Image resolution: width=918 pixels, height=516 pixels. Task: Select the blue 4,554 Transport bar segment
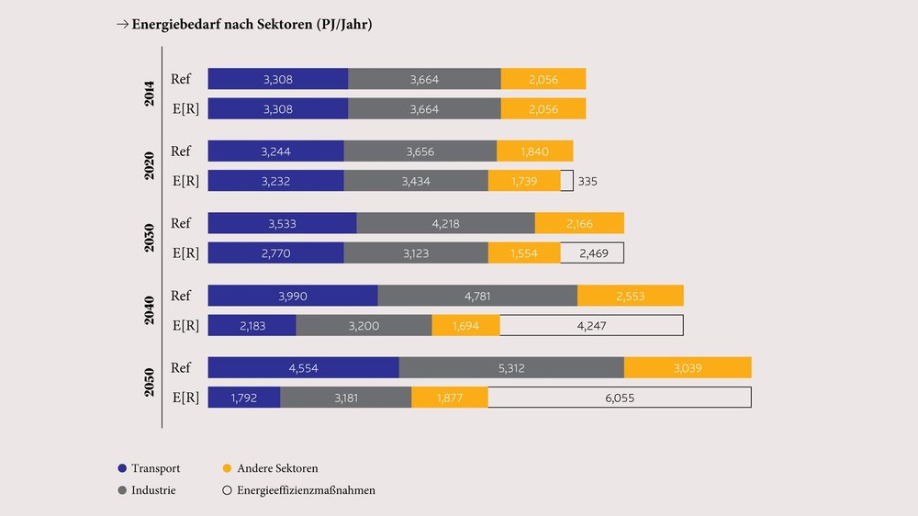(x=303, y=368)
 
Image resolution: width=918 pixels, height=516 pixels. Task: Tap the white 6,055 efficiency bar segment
(x=620, y=398)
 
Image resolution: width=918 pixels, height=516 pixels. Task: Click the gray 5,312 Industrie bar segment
(x=511, y=368)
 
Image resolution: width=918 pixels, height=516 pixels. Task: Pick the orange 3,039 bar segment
(x=688, y=368)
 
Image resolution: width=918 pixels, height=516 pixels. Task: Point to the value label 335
(x=588, y=182)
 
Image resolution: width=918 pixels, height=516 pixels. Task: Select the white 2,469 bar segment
(x=592, y=253)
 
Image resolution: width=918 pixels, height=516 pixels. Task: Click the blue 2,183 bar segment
(x=252, y=326)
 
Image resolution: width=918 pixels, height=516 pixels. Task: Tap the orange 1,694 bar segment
(x=466, y=326)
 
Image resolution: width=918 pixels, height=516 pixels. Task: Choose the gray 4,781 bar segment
(x=477, y=296)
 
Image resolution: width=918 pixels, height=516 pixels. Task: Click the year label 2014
(x=150, y=94)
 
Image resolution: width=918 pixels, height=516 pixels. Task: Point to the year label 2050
(x=150, y=383)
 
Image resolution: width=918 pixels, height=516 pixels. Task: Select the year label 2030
(x=150, y=238)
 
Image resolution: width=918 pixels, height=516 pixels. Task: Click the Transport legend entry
(x=150, y=468)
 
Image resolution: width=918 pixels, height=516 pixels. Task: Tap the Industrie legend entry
(x=147, y=490)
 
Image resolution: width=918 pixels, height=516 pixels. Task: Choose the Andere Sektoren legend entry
(x=271, y=468)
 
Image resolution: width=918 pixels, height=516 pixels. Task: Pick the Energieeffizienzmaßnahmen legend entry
(x=299, y=490)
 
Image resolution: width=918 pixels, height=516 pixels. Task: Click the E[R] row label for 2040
(x=185, y=326)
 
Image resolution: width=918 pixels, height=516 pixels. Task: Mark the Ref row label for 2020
(x=181, y=151)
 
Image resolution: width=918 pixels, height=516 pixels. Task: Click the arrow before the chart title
(x=122, y=24)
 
